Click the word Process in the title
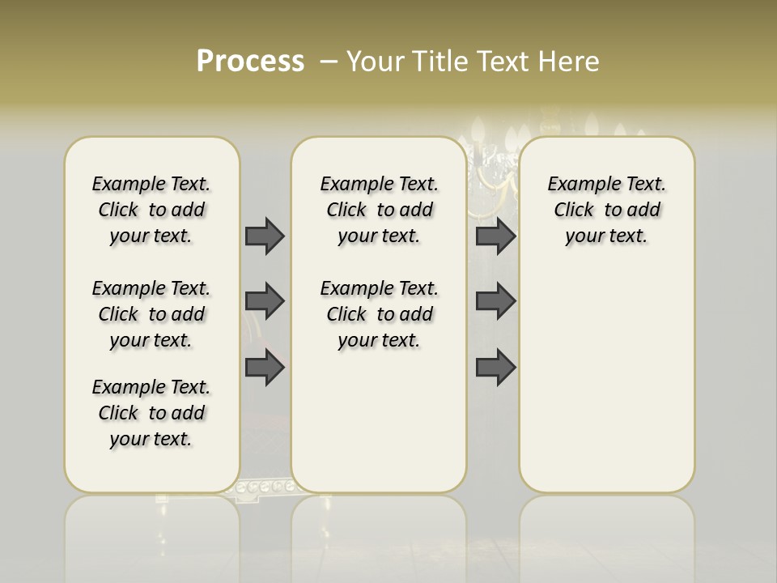250,62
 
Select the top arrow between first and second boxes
265,236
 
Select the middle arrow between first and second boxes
265,301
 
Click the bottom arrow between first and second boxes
265,368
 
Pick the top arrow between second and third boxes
495,236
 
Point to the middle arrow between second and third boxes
495,301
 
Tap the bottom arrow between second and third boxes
495,368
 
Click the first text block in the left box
151,210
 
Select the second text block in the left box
151,314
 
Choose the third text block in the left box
151,413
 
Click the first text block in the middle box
379,210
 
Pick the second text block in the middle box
379,314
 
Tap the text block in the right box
606,210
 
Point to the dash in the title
329,62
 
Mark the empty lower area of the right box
606,381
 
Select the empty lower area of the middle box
379,421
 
